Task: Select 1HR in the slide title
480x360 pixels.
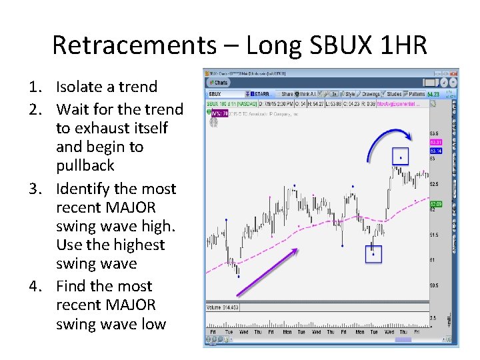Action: click(x=400, y=46)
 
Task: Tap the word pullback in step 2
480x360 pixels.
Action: click(x=85, y=165)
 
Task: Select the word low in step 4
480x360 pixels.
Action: click(x=152, y=324)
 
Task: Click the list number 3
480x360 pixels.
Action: click(x=34, y=189)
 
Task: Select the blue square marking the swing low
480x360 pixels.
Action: click(x=373, y=254)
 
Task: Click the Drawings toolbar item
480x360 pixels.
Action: click(x=370, y=94)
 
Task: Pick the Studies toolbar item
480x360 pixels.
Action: click(x=393, y=94)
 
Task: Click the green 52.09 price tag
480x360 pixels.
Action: click(x=435, y=203)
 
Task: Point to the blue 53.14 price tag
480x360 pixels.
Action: click(x=435, y=151)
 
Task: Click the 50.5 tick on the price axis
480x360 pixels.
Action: click(x=434, y=285)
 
